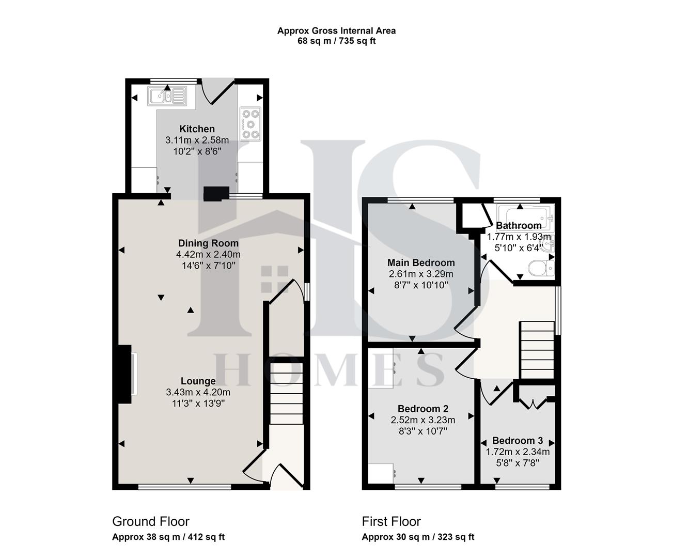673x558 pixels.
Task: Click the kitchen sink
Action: pos(166,96)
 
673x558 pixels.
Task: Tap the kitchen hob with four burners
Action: pos(251,124)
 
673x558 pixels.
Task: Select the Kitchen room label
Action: pos(197,129)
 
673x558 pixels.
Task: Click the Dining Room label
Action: pos(208,243)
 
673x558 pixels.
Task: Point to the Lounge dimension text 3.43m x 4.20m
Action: pos(198,392)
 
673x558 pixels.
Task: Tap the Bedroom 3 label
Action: pos(517,441)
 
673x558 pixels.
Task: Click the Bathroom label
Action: pos(519,225)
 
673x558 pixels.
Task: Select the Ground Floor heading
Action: pos(151,521)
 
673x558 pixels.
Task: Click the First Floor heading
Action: pos(391,521)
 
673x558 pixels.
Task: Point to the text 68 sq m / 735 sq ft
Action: pos(336,41)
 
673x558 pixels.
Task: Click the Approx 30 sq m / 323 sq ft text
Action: pos(417,537)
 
